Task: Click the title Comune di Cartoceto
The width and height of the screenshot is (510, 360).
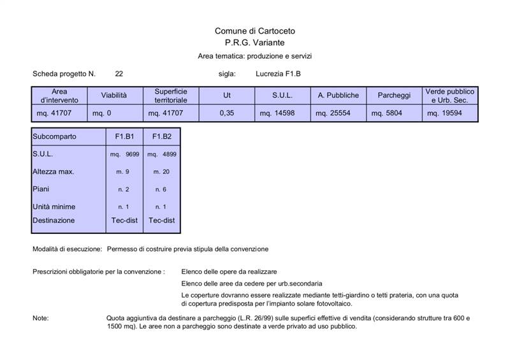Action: coord(254,31)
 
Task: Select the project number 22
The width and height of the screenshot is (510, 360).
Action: coord(119,74)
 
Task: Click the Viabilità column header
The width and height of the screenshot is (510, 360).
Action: coord(114,96)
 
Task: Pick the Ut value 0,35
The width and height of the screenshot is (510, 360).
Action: coord(226,113)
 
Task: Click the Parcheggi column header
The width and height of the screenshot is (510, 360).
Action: coord(393,96)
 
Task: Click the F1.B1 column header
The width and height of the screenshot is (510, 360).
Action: coord(124,136)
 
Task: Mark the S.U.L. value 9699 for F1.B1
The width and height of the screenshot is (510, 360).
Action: coord(124,154)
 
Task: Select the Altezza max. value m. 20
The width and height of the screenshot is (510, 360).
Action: coord(161,172)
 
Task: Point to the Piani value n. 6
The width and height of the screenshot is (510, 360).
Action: coord(161,190)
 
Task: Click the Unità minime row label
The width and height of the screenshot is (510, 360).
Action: coord(54,207)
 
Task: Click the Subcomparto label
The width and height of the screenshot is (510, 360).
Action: coord(55,136)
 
